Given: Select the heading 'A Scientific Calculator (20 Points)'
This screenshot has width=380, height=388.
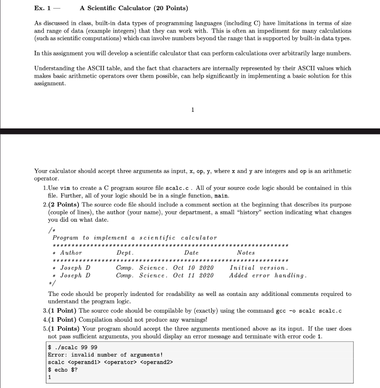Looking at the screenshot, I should (134, 8).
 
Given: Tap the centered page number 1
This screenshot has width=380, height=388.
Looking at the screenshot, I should (193, 110).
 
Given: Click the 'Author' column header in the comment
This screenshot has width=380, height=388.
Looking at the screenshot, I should (71, 253).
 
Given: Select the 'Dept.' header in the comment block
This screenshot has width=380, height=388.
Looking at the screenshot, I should (125, 253).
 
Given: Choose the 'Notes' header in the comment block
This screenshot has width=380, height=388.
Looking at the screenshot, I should (246, 253).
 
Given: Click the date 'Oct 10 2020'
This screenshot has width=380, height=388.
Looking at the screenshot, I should (193, 268).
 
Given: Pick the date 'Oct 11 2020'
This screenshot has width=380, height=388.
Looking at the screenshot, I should (193, 275).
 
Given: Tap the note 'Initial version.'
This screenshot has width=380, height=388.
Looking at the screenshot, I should (259, 268).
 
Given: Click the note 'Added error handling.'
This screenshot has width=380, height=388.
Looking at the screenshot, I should (268, 275).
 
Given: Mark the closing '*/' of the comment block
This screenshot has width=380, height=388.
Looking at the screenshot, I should (52, 283).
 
